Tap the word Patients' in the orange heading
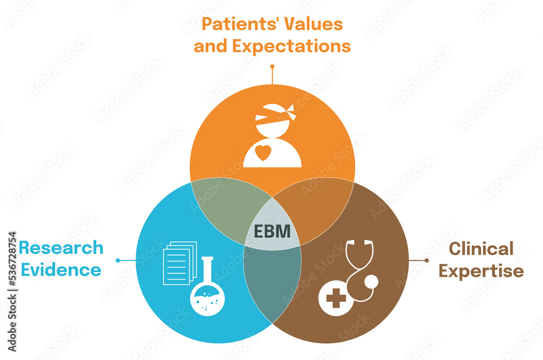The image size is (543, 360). click(230, 24)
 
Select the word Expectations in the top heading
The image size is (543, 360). click(292, 46)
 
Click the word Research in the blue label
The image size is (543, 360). click(61, 248)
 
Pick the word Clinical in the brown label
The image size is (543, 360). click(481, 249)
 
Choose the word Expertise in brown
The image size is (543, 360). click(481, 270)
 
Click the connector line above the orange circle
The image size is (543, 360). click(272, 75)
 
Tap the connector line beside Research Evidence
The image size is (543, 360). click(125, 261)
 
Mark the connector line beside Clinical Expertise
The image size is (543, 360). click(419, 261)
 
